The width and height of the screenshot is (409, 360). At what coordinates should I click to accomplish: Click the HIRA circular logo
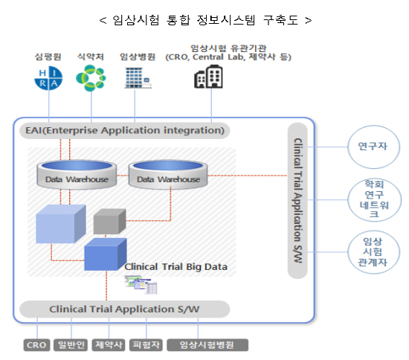(x=48, y=78)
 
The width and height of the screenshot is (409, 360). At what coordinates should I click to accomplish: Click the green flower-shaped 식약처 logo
(x=91, y=78)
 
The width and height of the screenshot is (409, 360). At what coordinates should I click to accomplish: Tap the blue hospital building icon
(x=138, y=78)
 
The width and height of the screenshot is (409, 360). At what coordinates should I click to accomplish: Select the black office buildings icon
(x=208, y=77)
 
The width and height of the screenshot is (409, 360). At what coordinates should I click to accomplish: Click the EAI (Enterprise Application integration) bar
(x=125, y=130)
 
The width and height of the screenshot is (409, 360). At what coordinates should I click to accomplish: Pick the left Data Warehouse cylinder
(x=77, y=175)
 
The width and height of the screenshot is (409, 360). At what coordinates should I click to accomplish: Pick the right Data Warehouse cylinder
(x=168, y=175)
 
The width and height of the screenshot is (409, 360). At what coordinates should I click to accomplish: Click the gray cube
(x=109, y=221)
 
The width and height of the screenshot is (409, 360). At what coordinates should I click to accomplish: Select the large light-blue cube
(x=61, y=224)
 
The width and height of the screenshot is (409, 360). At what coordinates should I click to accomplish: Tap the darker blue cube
(x=106, y=254)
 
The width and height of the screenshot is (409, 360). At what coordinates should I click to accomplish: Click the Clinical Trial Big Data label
(x=175, y=267)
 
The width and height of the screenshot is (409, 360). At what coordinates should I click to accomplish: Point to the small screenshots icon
(x=141, y=285)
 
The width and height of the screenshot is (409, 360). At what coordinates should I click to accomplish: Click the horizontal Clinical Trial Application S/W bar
(x=125, y=309)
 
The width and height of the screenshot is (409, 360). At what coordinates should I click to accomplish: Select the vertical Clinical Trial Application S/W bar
(x=297, y=201)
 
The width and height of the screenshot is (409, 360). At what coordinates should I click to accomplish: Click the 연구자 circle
(x=373, y=147)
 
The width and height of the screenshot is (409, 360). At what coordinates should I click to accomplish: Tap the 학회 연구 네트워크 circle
(x=375, y=200)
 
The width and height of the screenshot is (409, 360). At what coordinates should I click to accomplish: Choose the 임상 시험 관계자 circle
(x=373, y=252)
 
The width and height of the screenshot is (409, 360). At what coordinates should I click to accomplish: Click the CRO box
(x=36, y=345)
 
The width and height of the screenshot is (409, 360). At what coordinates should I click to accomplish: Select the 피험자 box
(x=146, y=345)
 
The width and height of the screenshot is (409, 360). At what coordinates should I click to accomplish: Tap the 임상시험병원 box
(x=207, y=345)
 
